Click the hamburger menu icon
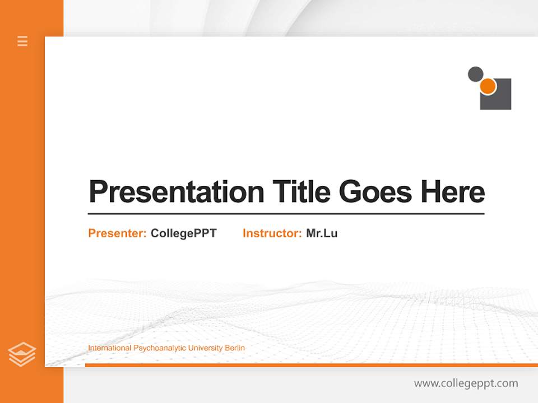(22, 41)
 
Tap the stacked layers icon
(22, 354)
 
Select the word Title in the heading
(302, 191)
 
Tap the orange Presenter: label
(117, 233)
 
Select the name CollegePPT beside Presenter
(183, 233)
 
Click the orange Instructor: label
(272, 233)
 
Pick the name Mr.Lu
(322, 233)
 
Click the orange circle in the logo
(488, 86)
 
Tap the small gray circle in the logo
(475, 74)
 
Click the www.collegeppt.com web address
(466, 383)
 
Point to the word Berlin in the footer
(235, 348)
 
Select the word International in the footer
(109, 348)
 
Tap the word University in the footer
(205, 348)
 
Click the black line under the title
(286, 213)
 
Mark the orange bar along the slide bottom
(311, 365)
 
